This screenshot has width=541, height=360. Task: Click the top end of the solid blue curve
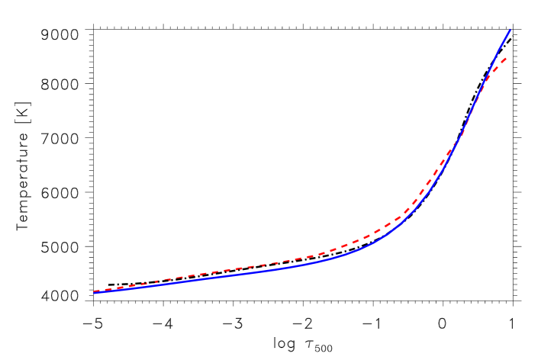point(510,31)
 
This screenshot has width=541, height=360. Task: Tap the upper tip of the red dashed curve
point(506,57)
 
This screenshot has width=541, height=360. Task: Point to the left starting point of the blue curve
point(95,292)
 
